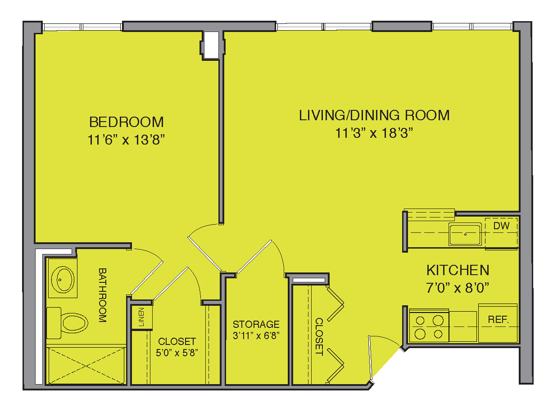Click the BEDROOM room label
tap(127, 122)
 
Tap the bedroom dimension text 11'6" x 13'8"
tap(126, 140)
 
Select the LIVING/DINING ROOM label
tap(374, 115)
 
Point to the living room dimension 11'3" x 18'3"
tap(374, 133)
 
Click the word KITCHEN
tap(458, 270)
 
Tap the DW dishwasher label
tap(501, 226)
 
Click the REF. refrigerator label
tap(498, 319)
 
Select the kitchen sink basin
tap(465, 234)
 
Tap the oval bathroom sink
tap(63, 279)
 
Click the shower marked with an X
tap(86, 366)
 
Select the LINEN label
tap(141, 317)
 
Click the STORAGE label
tap(256, 324)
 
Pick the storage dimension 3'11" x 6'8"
tap(256, 335)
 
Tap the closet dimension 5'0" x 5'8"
tap(177, 353)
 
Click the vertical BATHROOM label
tap(103, 295)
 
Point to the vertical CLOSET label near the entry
tap(319, 337)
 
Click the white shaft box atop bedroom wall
tap(211, 45)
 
